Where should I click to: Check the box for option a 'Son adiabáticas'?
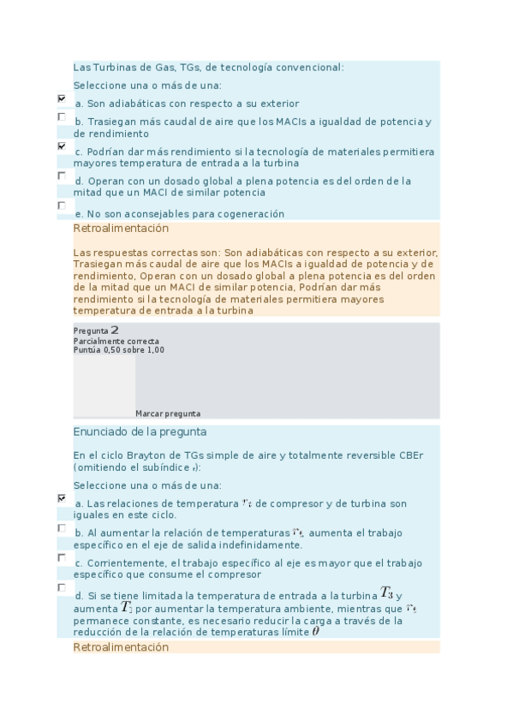[x=62, y=98]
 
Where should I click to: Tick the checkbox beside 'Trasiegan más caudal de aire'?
[x=62, y=116]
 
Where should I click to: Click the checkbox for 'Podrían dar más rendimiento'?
[x=62, y=146]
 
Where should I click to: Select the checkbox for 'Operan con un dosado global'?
[x=62, y=176]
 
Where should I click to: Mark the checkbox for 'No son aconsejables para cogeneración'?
[x=62, y=205]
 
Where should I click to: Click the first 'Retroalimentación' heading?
[x=121, y=229]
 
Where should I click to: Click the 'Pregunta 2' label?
[x=96, y=330]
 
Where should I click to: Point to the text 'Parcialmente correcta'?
[x=116, y=341]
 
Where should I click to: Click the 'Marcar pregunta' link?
[x=168, y=414]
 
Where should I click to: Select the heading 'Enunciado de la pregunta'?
[x=140, y=432]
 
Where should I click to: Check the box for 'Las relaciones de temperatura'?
[x=62, y=497]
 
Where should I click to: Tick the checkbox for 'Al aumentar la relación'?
[x=62, y=527]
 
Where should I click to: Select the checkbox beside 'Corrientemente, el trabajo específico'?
[x=62, y=557]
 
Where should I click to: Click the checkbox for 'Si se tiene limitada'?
[x=62, y=587]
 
